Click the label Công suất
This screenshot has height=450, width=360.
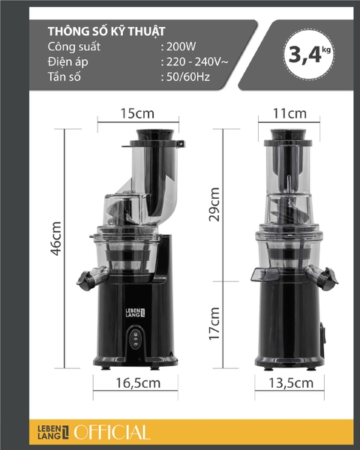tap(73, 47)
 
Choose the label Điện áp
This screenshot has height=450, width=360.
tap(67, 62)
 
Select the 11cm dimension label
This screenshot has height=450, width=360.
tap(289, 114)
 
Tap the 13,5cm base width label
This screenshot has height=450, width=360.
tap(289, 383)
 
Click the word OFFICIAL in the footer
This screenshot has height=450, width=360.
tap(112, 432)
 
